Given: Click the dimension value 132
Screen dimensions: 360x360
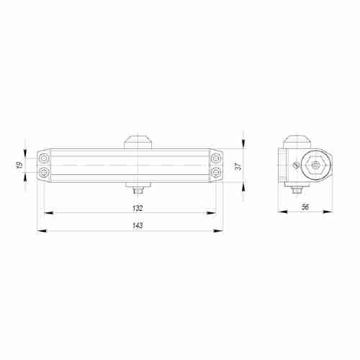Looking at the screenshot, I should point(138,207).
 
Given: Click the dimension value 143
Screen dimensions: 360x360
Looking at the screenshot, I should point(138,225).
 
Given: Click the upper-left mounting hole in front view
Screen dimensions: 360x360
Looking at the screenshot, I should point(45,158).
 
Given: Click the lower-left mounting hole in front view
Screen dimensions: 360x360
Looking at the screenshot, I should point(45,174).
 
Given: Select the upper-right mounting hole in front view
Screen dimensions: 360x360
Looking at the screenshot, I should point(216,158).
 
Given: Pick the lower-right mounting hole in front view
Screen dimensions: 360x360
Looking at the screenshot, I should point(216,174).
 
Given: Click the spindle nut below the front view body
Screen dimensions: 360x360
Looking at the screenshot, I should point(138,190).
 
